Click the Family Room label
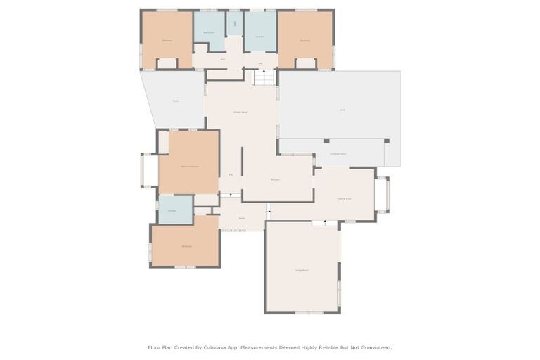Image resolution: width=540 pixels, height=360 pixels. click(240, 112)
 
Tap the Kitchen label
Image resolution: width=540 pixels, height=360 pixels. click(276, 180)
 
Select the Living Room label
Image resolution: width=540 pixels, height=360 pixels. click(302, 270)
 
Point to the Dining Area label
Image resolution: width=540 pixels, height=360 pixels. click(345, 199)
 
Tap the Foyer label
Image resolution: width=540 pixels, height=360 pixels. click(241, 218)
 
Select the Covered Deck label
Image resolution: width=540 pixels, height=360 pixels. click(338, 153)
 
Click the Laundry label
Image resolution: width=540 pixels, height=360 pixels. click(259, 36)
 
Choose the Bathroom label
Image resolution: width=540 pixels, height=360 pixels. click(209, 32)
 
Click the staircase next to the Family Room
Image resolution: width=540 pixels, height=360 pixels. click(264, 77)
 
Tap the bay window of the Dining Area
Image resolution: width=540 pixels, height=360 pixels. click(382, 195)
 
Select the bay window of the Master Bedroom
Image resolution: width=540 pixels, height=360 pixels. click(149, 170)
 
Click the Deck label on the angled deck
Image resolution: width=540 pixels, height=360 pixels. click(176, 101)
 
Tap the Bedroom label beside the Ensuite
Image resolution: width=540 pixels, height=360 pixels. click(186, 246)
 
